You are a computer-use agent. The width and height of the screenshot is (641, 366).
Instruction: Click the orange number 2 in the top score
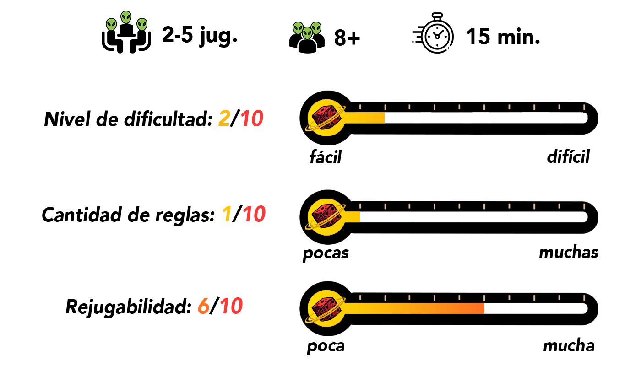click(224, 118)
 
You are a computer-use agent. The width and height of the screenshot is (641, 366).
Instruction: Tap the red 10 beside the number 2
click(252, 118)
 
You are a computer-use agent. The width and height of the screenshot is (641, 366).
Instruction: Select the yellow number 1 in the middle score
click(227, 214)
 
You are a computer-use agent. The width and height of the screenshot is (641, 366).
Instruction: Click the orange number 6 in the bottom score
click(203, 306)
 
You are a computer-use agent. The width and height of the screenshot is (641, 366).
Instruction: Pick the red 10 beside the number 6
click(231, 306)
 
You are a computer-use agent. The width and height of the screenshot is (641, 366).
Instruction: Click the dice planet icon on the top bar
click(326, 118)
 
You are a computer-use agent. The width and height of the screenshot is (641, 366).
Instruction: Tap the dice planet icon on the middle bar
click(326, 217)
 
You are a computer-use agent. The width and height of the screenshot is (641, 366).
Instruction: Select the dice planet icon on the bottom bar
click(326, 308)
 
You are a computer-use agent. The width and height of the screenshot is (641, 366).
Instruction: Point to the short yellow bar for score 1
click(353, 217)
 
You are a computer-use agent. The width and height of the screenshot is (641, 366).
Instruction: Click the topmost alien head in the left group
click(126, 17)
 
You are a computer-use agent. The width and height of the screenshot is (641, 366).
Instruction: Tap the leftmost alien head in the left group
click(111, 25)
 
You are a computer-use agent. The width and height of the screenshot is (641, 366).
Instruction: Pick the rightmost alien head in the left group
click(142, 25)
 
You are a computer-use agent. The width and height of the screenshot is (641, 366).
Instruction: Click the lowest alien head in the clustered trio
click(307, 33)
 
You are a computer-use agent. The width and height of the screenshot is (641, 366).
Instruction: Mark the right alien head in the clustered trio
click(316, 28)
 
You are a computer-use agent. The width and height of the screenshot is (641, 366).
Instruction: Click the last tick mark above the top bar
click(584, 107)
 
